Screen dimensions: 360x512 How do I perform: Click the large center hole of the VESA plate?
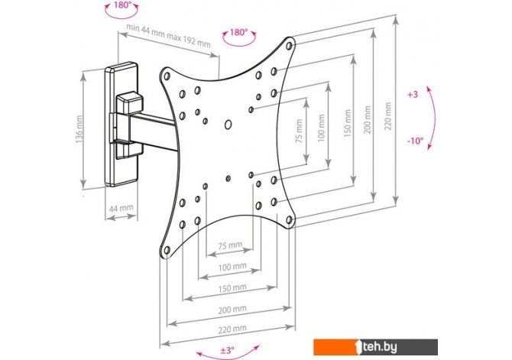click(x=228, y=124)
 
